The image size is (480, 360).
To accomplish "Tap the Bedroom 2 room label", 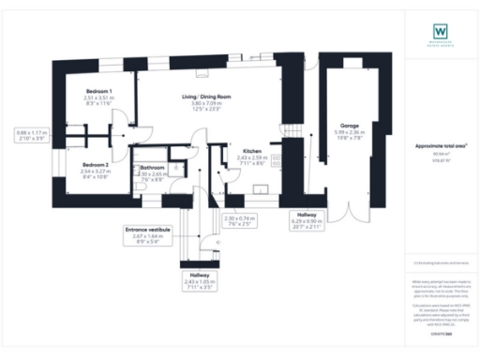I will [x=95, y=164].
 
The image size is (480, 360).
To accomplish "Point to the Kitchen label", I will [x=252, y=150].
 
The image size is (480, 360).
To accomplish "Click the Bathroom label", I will [x=152, y=168].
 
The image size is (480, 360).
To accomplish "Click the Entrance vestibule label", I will [x=147, y=229].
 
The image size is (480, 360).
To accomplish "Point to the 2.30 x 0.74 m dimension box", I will [x=242, y=219].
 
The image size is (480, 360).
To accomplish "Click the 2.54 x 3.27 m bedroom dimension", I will [x=95, y=171].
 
